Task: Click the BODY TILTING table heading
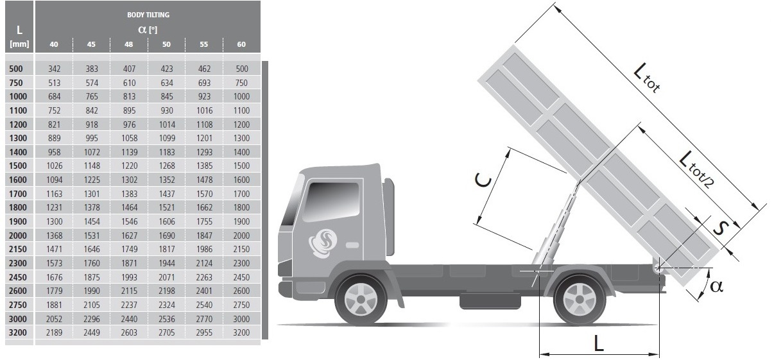(148, 15)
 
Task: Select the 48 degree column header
(128, 44)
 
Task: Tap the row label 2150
(17, 249)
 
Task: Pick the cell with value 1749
(129, 249)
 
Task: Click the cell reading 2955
(204, 332)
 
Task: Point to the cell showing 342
(55, 69)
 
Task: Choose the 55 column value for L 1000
(204, 96)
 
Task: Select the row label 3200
(17, 332)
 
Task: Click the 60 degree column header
(241, 44)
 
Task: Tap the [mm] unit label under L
(19, 44)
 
